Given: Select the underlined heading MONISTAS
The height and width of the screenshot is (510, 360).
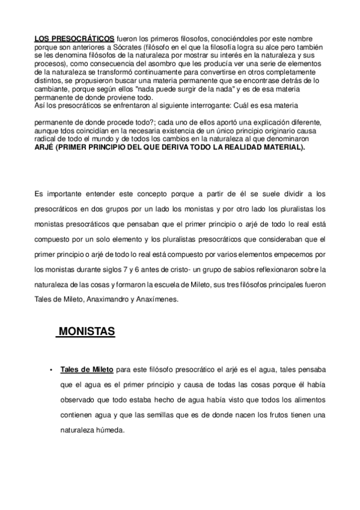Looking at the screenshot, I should pyautogui.click(x=87, y=331).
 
